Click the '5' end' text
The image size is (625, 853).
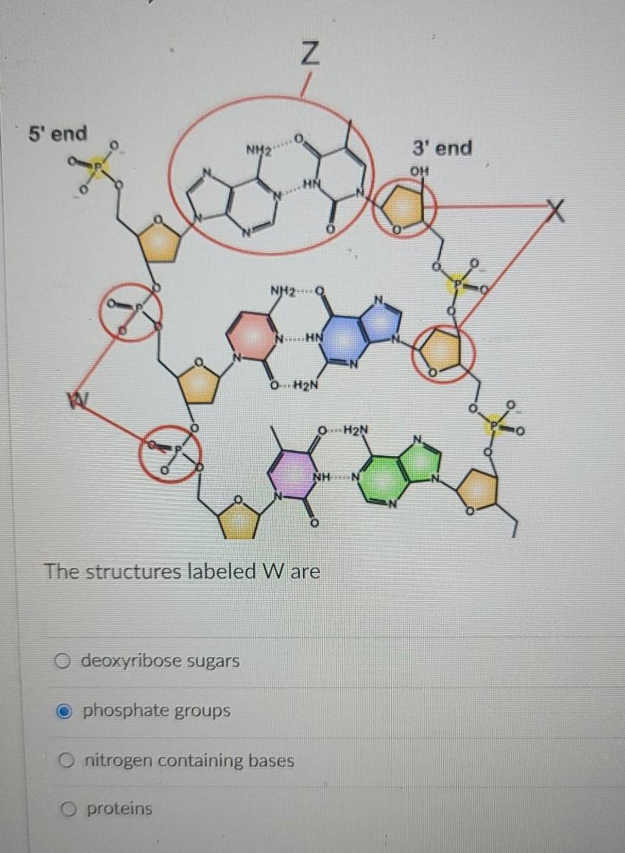[x=58, y=133]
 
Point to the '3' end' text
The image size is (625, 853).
[x=442, y=148]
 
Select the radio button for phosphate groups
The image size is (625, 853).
[x=64, y=710]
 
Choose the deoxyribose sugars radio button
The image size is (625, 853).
[x=64, y=661]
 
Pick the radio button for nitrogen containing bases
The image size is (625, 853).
[x=64, y=761]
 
